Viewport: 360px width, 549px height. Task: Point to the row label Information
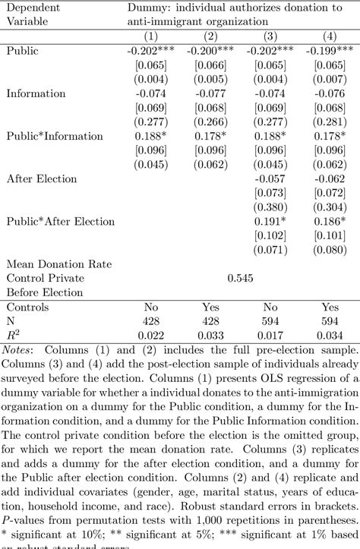pyautogui.click(x=35, y=93)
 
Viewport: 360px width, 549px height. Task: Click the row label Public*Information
pyautogui.click(x=55, y=136)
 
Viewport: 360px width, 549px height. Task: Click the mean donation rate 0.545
pyautogui.click(x=239, y=279)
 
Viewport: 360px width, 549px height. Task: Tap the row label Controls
pyautogui.click(x=27, y=308)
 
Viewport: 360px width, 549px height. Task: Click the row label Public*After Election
pyautogui.click(x=61, y=222)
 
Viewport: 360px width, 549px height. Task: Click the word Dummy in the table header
pyautogui.click(x=145, y=8)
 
